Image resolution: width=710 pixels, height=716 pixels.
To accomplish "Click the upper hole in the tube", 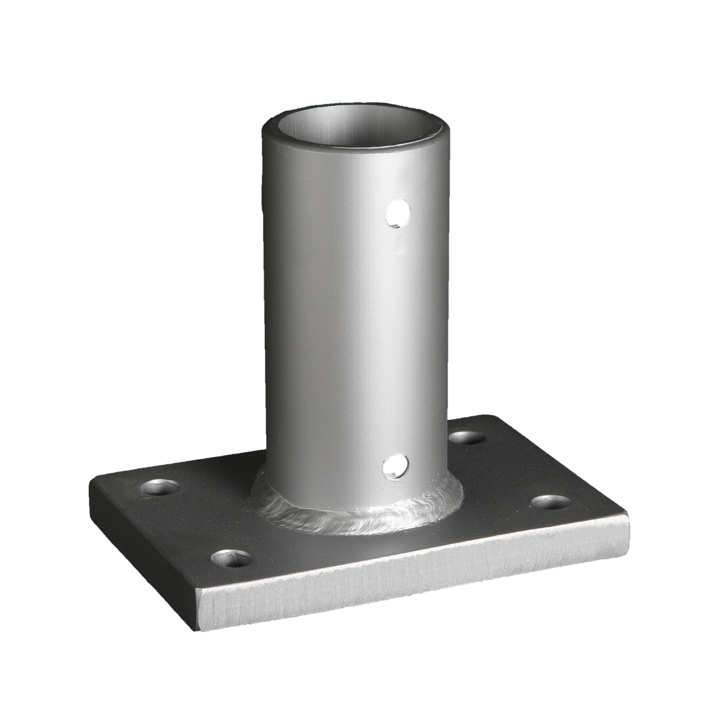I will click(x=398, y=214).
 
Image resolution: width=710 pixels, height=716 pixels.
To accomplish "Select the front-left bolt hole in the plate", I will click(x=231, y=559).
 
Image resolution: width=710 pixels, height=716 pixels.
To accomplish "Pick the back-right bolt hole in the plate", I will click(x=467, y=437).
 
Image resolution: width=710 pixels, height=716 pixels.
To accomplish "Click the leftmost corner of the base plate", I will click(x=90, y=490).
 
